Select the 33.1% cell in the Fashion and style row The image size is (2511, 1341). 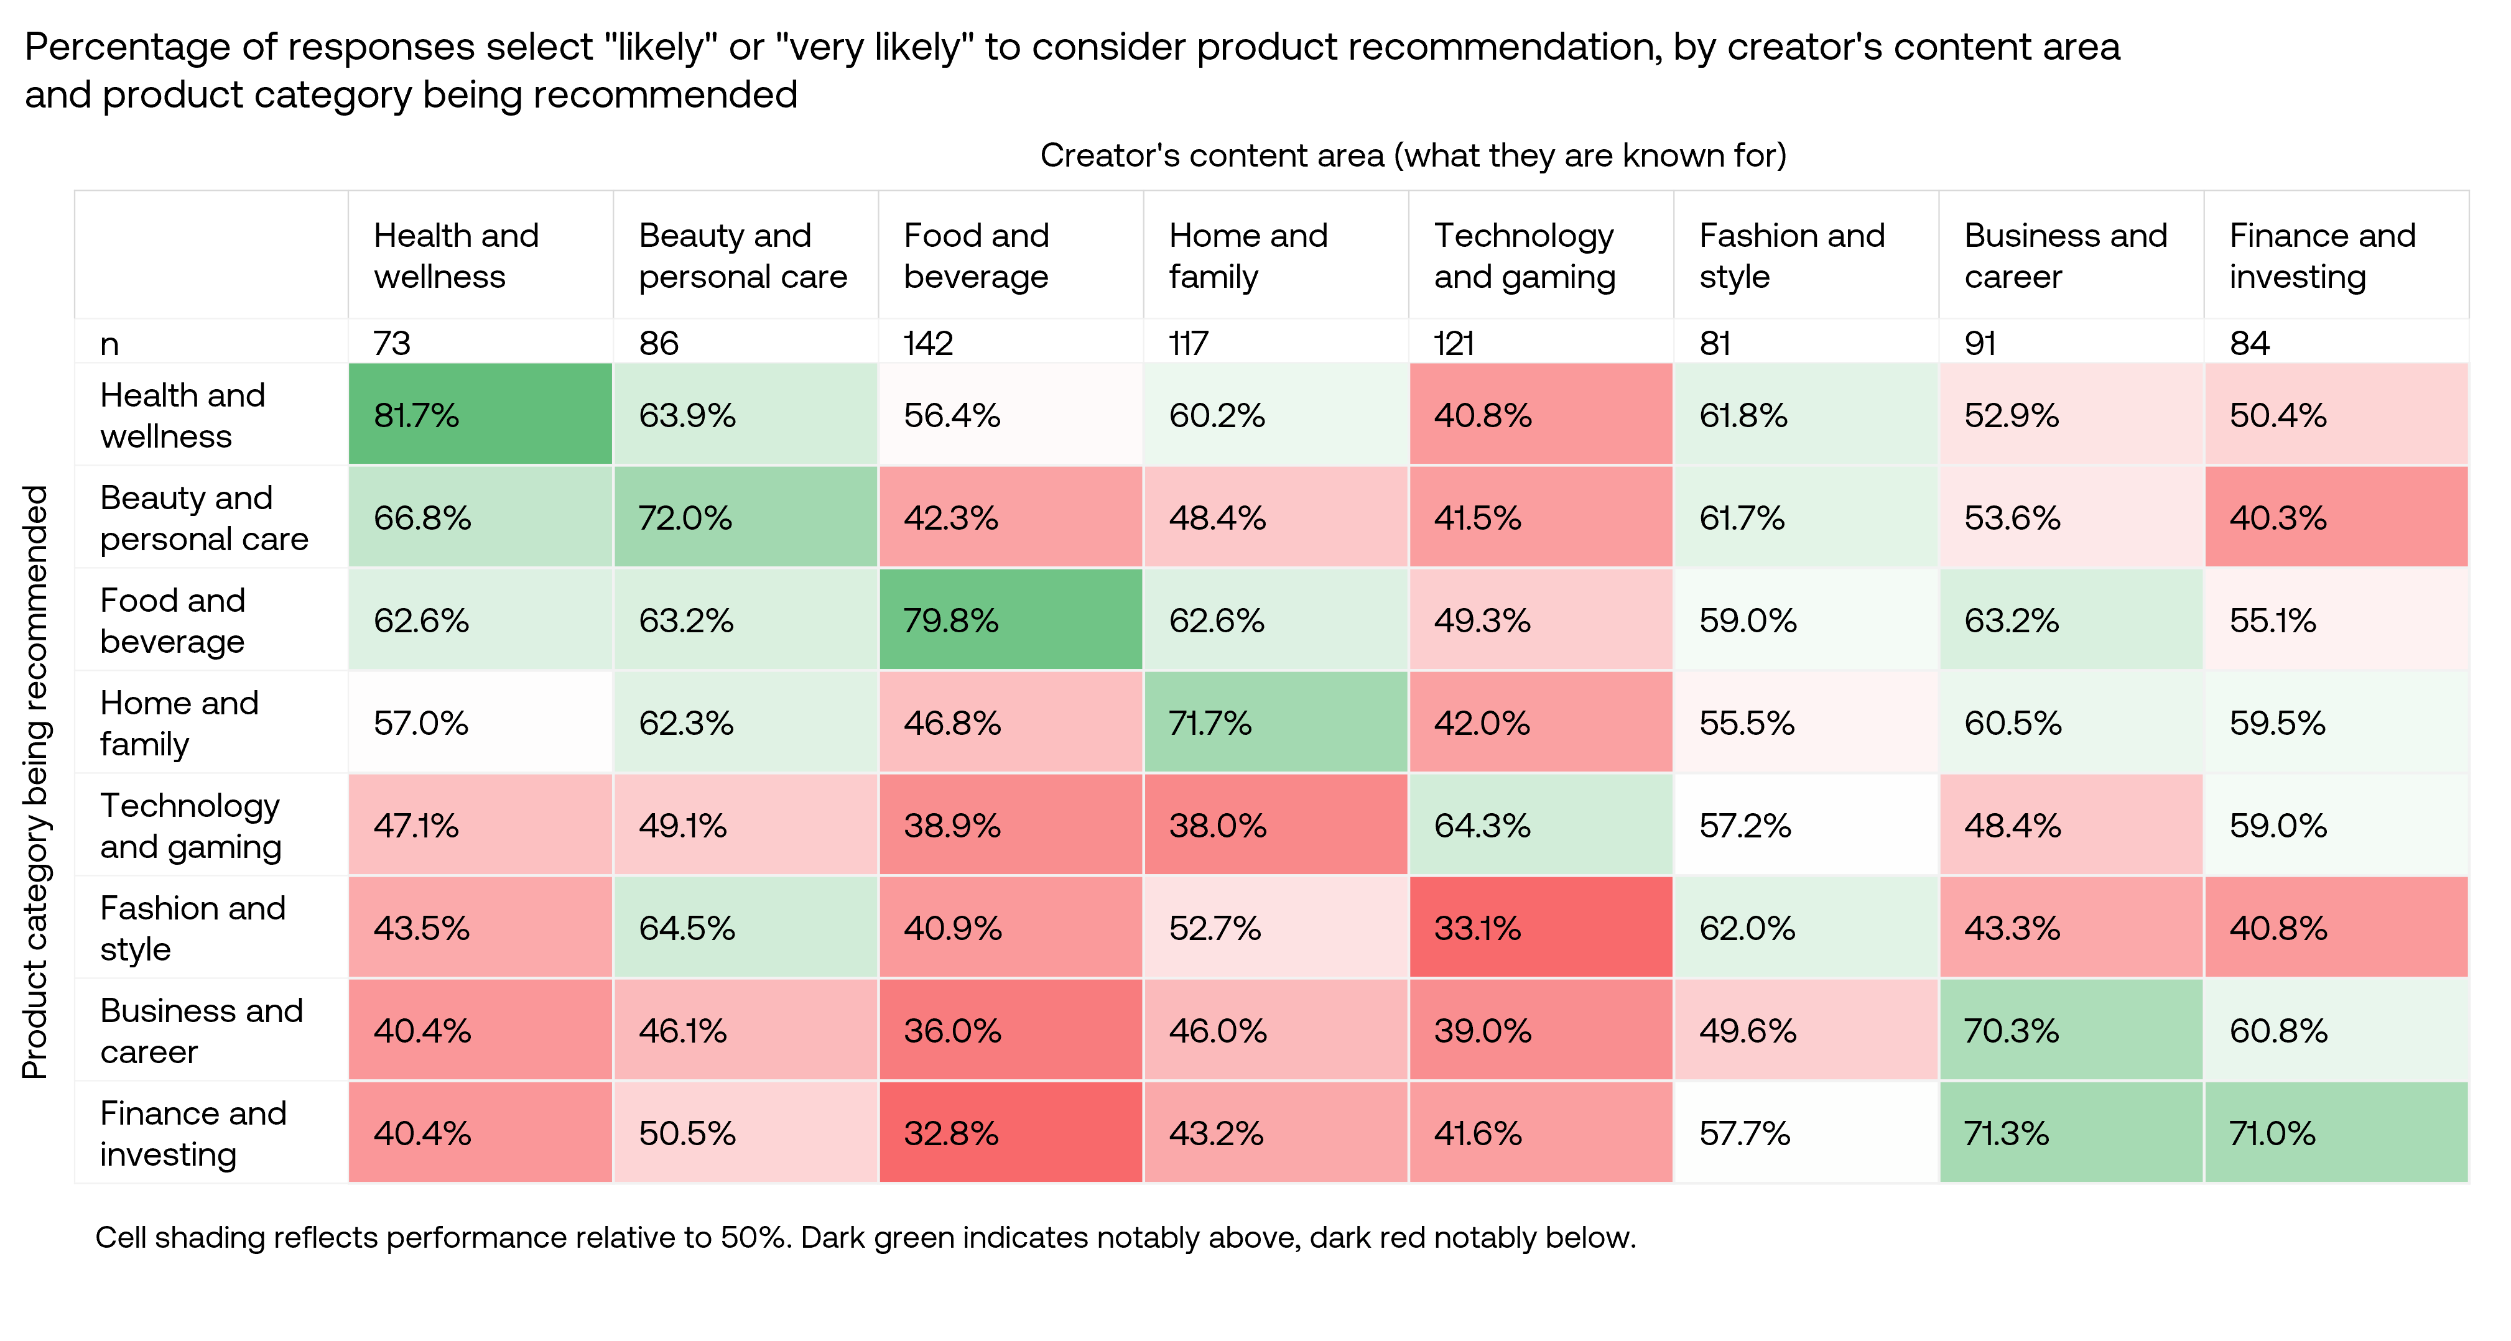coord(1540,927)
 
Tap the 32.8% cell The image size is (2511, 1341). coord(1010,1133)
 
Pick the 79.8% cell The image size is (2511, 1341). coord(1010,620)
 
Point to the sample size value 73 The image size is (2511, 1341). coord(392,343)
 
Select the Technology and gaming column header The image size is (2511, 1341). coord(1525,256)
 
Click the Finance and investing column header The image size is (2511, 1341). coord(2322,256)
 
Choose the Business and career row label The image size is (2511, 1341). coord(202,1030)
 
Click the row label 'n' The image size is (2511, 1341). coord(109,343)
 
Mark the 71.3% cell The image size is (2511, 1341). coord(2071,1133)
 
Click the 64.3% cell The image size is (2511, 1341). coord(1540,826)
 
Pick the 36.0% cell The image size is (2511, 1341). coord(1010,1030)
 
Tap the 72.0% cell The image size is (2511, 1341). coord(745,517)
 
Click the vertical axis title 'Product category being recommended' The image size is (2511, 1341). coord(35,781)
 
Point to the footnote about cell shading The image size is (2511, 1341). coord(865,1237)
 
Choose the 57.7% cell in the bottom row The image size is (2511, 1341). coord(1805,1133)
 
